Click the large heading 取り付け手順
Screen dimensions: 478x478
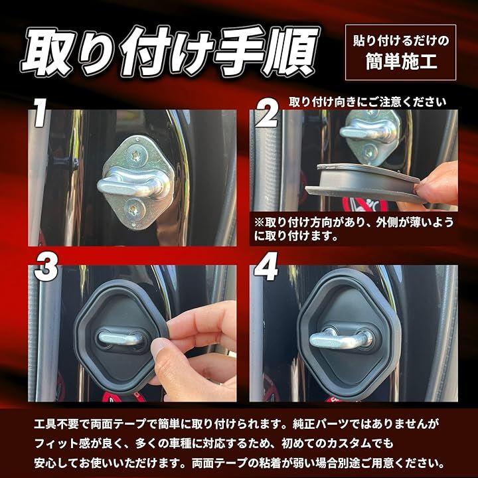click(x=171, y=50)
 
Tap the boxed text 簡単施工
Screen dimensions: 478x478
click(x=401, y=62)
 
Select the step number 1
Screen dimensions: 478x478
click(x=40, y=112)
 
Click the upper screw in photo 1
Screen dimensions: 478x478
click(x=135, y=157)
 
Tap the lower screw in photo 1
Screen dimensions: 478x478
click(x=134, y=210)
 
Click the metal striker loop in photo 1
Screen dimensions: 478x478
click(x=133, y=185)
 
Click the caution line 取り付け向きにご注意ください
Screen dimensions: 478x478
click(x=367, y=102)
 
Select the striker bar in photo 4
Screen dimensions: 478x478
click(x=341, y=339)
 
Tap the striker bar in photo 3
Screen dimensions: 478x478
click(x=121, y=339)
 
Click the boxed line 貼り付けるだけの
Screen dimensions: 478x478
click(x=401, y=40)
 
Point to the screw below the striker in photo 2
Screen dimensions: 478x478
click(x=370, y=151)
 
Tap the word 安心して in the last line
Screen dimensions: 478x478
click(x=56, y=463)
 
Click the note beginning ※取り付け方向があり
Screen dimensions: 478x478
click(x=354, y=228)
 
